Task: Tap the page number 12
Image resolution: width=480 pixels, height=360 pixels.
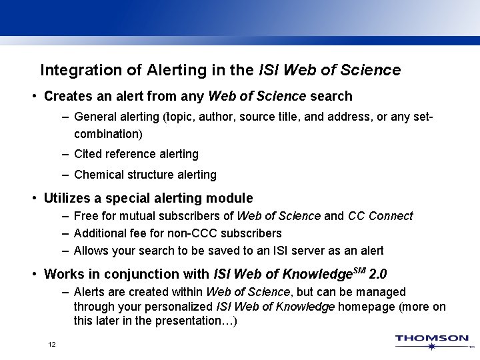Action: coord(51,345)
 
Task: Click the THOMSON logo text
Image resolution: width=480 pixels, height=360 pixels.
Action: coord(432,338)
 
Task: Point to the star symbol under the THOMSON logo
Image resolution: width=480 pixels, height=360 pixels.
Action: coord(432,346)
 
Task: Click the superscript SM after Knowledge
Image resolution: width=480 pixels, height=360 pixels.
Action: coord(361,270)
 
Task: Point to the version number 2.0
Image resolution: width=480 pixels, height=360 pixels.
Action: coord(379,274)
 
